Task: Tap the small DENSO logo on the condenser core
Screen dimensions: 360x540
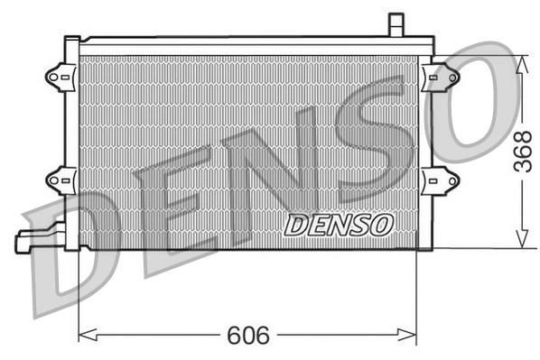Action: coord(339,224)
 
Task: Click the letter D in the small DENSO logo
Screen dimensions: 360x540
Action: coord(298,225)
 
